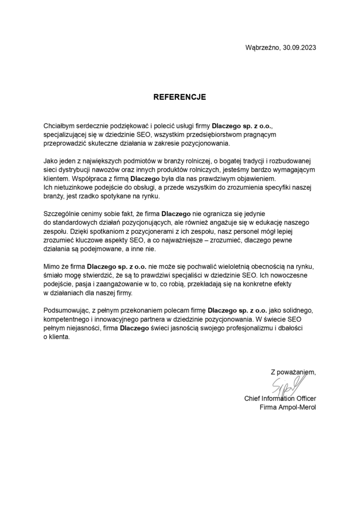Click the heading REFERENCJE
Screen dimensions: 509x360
[179, 97]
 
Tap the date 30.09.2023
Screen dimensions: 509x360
[298, 48]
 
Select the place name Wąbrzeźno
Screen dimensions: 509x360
[262, 48]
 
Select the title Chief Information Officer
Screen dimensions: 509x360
[280, 398]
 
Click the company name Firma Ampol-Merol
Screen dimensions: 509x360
[288, 407]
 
